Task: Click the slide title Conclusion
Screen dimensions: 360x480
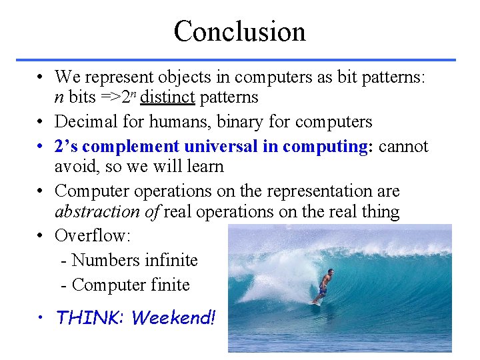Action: click(x=239, y=31)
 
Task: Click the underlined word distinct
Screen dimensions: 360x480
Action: click(x=167, y=97)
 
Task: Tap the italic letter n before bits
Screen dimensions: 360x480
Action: click(x=59, y=98)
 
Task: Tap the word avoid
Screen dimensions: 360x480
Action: click(x=73, y=165)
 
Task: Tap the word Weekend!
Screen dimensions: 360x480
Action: click(x=174, y=318)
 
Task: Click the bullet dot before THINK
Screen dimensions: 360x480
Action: click(x=41, y=318)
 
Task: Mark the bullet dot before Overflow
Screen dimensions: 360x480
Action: click(x=41, y=236)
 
